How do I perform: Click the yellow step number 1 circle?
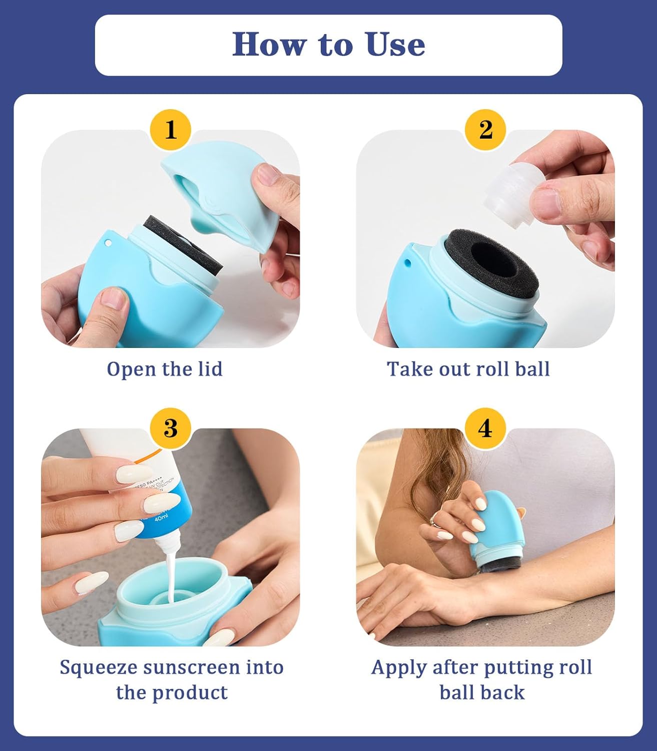tap(171, 130)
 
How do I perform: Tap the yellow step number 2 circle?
tap(485, 130)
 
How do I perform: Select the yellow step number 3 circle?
tap(171, 429)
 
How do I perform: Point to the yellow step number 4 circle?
tap(485, 429)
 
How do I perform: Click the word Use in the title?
tap(395, 45)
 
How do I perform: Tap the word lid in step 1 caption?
tap(209, 369)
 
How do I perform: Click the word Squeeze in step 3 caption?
tap(98, 667)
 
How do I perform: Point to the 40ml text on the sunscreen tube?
tap(161, 520)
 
